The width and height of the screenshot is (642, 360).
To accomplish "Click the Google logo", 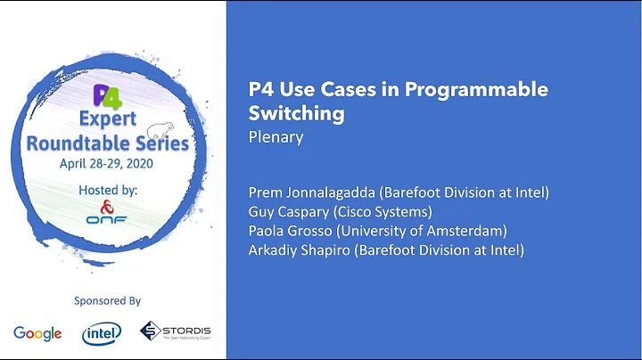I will point(37,333).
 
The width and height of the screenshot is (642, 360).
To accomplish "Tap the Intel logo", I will point(101,333).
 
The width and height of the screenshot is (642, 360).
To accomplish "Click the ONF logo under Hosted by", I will point(112,217).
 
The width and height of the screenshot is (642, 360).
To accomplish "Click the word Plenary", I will point(276,137).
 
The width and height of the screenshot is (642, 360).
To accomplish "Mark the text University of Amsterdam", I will point(424,230).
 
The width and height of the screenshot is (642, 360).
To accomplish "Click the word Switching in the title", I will point(296,114).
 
